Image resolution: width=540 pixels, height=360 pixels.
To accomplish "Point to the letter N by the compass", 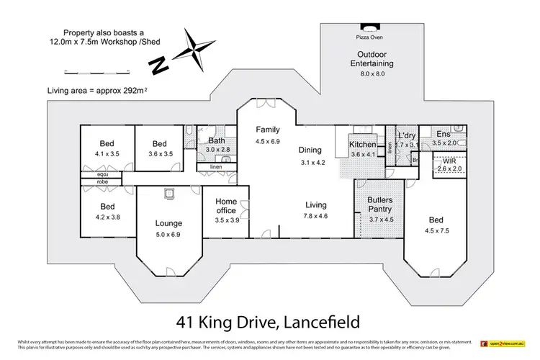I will (x=155, y=66).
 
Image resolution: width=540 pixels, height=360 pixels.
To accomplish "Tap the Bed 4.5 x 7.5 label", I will (x=436, y=225).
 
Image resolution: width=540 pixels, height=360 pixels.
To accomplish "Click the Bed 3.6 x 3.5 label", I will (x=159, y=148).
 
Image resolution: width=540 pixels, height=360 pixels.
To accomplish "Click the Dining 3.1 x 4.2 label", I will (x=312, y=156).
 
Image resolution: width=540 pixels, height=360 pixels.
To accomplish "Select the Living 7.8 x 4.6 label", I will (x=315, y=210).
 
